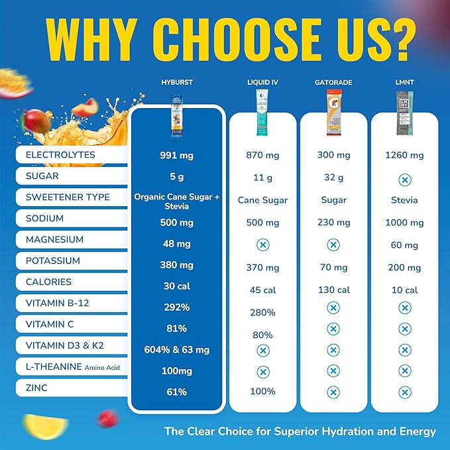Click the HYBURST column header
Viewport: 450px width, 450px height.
click(x=176, y=82)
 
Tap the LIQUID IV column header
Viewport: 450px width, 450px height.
click(x=262, y=82)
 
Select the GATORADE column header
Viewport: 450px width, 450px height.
click(x=333, y=82)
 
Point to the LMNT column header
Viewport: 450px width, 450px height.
click(x=404, y=82)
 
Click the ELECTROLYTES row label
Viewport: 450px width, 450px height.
click(x=60, y=155)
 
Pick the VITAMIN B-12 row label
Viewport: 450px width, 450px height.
click(x=58, y=304)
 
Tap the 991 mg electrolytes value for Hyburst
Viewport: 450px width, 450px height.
click(x=176, y=156)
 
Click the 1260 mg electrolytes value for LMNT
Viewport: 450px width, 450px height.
click(x=404, y=156)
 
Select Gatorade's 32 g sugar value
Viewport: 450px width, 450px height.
click(x=333, y=177)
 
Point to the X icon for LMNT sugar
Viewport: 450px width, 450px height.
click(x=404, y=180)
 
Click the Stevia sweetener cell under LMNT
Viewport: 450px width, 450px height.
click(x=404, y=200)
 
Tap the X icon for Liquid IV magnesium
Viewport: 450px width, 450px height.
click(x=262, y=244)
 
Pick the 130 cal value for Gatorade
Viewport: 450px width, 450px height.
click(x=333, y=290)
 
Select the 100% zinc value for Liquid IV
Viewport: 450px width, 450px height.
click(x=262, y=392)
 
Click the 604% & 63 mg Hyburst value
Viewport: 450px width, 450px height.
click(x=176, y=350)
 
